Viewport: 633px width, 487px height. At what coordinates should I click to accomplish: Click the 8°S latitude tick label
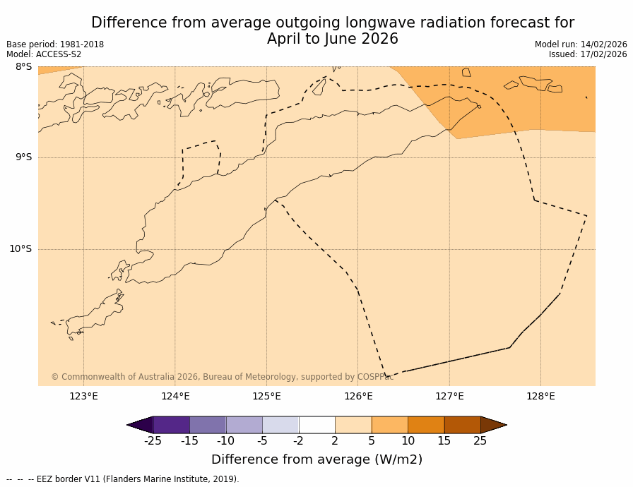[x=23, y=67]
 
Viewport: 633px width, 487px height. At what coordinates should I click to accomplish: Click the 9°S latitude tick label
[x=23, y=157]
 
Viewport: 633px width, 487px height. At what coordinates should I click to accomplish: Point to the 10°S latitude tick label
[x=20, y=248]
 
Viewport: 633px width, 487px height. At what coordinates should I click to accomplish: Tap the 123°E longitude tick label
[x=83, y=396]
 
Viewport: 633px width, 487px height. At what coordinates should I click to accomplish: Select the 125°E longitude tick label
[x=266, y=396]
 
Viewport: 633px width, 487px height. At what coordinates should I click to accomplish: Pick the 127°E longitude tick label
[x=449, y=396]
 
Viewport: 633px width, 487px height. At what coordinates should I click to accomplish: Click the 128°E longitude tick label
[x=540, y=396]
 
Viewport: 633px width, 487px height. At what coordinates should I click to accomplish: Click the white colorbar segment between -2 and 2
[x=316, y=425]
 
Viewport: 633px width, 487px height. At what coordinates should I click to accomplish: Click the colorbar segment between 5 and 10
[x=389, y=425]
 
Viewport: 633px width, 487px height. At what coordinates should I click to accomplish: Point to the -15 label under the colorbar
[x=189, y=441]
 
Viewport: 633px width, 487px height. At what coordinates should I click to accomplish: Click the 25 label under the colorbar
[x=480, y=441]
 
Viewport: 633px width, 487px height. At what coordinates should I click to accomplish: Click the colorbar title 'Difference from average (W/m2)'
[x=316, y=459]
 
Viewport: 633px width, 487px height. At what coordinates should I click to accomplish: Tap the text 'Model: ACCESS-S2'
[x=44, y=54]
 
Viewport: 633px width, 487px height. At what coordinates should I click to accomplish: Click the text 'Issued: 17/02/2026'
[x=588, y=54]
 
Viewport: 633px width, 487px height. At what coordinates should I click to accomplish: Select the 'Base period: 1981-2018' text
[x=55, y=44]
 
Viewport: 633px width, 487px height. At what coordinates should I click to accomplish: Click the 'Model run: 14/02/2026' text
[x=581, y=44]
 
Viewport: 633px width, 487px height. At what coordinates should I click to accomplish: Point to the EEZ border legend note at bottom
[x=123, y=479]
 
